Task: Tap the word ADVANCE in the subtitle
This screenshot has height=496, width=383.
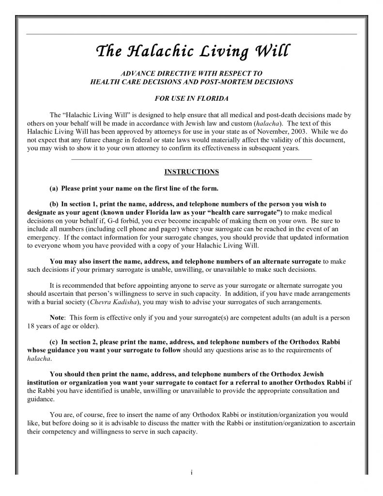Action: pos(139,73)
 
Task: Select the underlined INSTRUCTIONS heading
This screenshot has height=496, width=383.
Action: pos(192,171)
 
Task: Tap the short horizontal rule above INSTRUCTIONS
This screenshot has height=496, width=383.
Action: pos(192,159)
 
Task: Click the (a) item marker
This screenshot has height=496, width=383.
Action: pos(55,187)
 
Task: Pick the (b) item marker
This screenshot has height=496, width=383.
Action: pos(55,204)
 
